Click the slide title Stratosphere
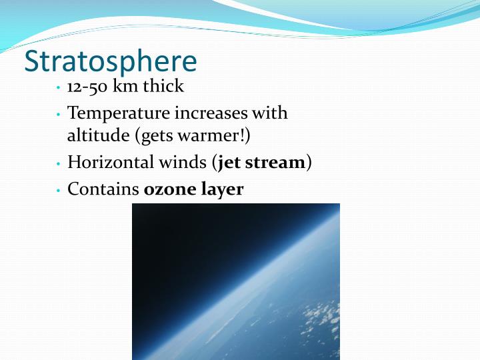coord(111,61)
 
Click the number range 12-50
coord(87,87)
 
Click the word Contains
coord(103,189)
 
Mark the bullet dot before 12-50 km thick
coord(59,88)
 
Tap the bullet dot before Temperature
coord(59,115)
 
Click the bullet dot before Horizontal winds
coord(59,164)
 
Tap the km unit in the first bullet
coord(125,87)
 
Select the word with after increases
coord(272,113)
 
